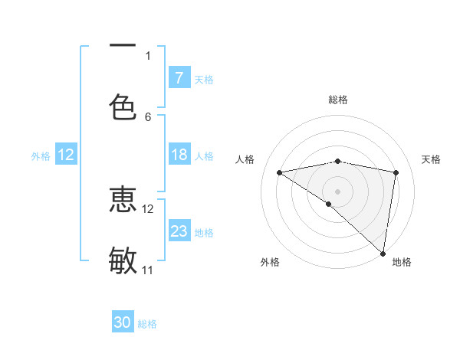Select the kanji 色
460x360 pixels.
123,106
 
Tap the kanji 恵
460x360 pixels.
123,200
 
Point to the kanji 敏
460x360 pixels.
123,260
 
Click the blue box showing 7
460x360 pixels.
179,78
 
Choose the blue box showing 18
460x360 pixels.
179,155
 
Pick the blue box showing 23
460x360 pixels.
179,231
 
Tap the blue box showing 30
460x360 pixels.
123,322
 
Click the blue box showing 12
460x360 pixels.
66,155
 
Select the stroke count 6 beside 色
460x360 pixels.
148,116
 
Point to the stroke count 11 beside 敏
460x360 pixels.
148,270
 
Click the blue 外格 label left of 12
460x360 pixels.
41,155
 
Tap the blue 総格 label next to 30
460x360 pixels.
147,324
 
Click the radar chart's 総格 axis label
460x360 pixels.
338,100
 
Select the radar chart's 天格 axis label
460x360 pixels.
432,159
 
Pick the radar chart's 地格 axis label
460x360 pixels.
402,262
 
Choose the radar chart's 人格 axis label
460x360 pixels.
245,159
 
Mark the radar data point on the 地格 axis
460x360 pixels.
383,253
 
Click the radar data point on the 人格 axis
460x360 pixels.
280,172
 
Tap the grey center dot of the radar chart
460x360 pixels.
338,191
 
